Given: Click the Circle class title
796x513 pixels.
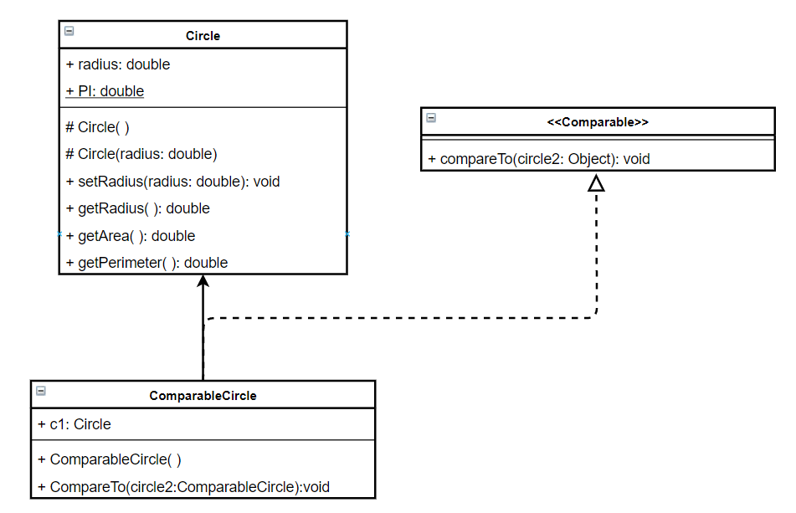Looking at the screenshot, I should (x=203, y=36).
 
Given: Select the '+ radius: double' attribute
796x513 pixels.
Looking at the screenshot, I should (x=118, y=64).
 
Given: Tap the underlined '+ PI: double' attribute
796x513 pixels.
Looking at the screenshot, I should (x=105, y=91).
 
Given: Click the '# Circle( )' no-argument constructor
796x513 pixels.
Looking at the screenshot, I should (x=97, y=127).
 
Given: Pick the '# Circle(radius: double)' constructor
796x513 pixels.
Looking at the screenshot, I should (x=141, y=154).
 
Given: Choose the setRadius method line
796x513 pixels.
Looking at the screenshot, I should (x=172, y=181).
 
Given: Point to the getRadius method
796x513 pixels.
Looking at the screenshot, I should (x=137, y=208).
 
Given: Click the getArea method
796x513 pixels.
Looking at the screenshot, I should (x=130, y=236).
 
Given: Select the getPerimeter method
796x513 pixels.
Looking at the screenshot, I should (x=146, y=263).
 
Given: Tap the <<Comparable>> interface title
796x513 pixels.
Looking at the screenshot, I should (x=598, y=122).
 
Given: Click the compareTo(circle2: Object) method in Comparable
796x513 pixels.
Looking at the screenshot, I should (x=538, y=158).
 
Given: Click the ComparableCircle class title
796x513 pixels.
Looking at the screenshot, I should (x=203, y=395).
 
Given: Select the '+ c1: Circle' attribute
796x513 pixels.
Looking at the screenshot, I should (x=74, y=424).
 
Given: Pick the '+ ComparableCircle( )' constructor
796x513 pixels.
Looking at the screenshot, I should (x=110, y=459).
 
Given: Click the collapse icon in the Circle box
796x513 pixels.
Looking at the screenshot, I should (x=69, y=31).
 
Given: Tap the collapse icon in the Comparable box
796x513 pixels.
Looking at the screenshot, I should (x=430, y=117).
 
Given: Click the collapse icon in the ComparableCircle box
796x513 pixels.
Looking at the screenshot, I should (x=40, y=390).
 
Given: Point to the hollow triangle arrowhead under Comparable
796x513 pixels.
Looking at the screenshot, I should (x=596, y=183).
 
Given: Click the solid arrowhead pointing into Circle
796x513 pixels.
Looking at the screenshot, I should (x=203, y=282).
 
